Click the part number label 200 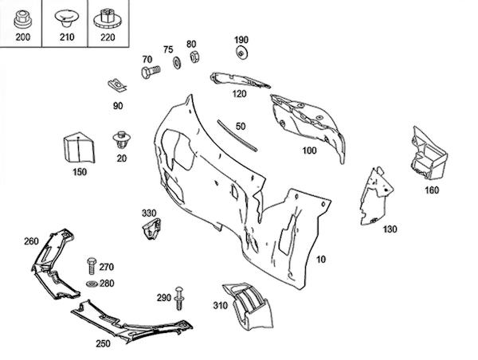point(22,37)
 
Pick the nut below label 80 point(194,58)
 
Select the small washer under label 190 point(241,53)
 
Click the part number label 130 point(390,229)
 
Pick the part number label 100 point(309,150)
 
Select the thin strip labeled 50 point(237,135)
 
